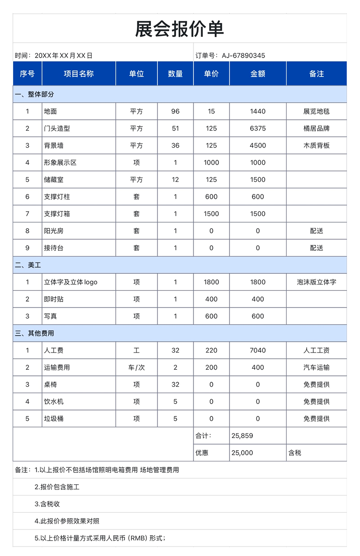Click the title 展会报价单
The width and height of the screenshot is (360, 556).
(x=180, y=29)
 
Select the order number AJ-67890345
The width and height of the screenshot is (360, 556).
(x=243, y=56)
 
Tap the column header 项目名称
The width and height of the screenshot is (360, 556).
(x=79, y=74)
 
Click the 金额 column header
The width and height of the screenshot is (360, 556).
(x=258, y=74)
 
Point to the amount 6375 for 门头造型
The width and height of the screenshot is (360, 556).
(x=258, y=129)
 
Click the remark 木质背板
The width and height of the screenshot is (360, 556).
(x=316, y=146)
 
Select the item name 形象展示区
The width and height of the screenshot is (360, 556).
(x=60, y=163)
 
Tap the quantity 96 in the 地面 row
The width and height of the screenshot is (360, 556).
(x=175, y=112)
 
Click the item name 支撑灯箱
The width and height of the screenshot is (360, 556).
(x=57, y=214)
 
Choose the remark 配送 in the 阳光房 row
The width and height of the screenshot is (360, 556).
(x=316, y=231)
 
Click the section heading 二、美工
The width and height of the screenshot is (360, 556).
(x=28, y=266)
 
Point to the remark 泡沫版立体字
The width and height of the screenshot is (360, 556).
(x=316, y=282)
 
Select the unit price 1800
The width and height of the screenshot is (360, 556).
(x=211, y=282)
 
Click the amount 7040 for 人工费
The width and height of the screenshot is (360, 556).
(x=258, y=350)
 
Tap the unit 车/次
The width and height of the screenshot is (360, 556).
(x=136, y=367)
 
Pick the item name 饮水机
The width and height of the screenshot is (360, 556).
(x=54, y=402)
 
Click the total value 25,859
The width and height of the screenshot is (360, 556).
(x=242, y=436)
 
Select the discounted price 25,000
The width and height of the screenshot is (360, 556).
(x=242, y=453)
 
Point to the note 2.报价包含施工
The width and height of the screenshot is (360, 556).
(x=57, y=487)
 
